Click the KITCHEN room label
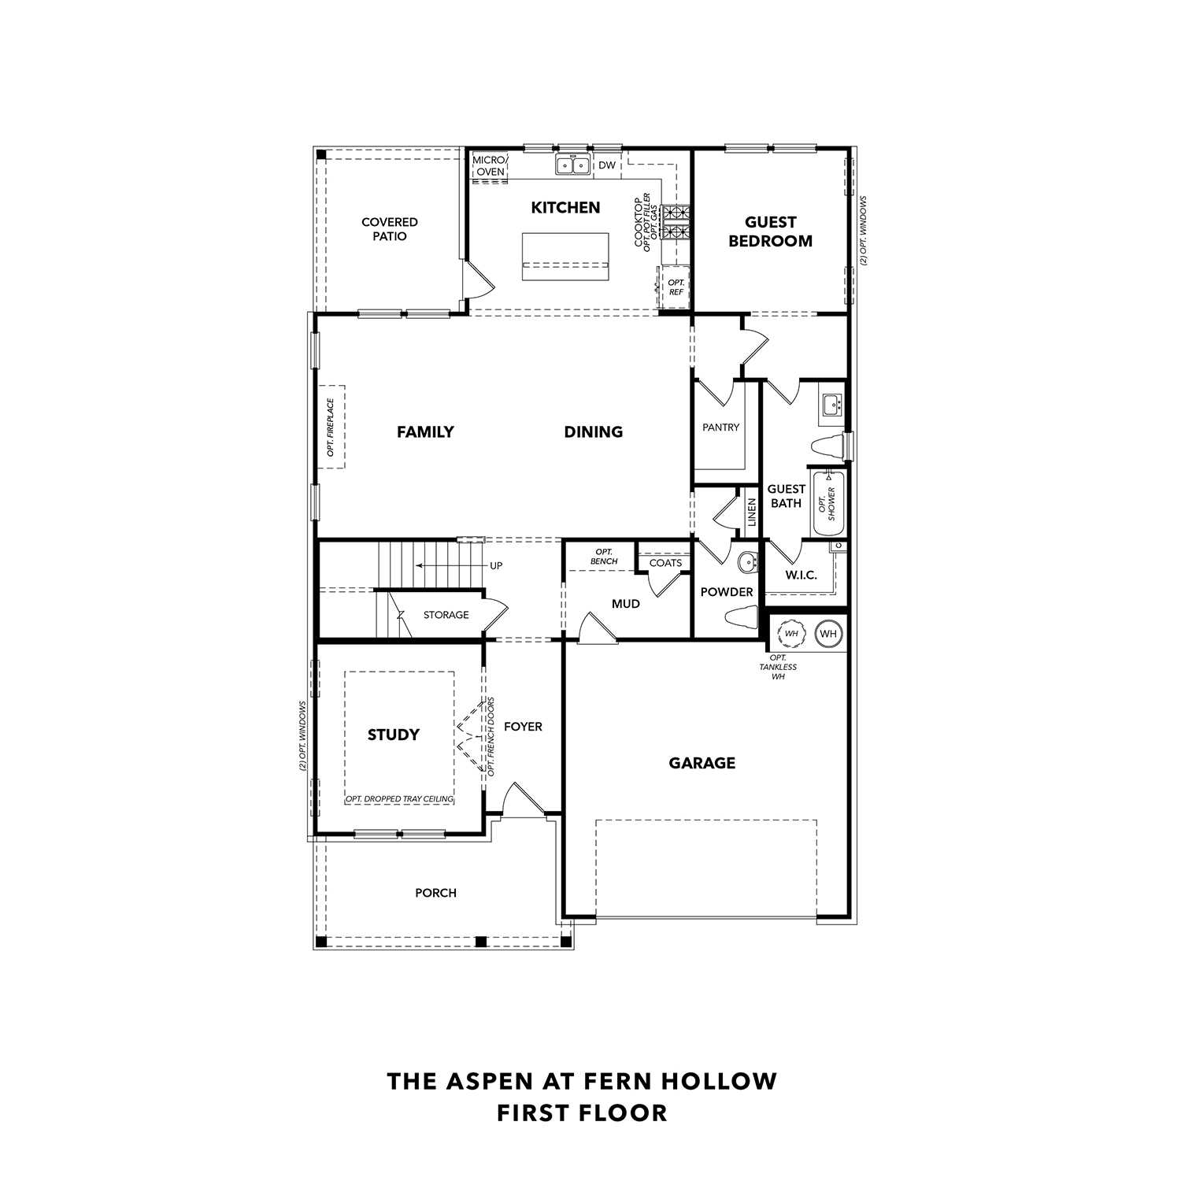tap(565, 208)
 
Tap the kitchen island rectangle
tap(565, 256)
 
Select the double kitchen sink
tap(572, 165)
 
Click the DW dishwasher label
tap(607, 165)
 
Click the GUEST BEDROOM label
tap(770, 231)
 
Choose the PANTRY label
tap(720, 428)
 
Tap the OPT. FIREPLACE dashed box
tap(331, 427)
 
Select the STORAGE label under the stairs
tap(446, 615)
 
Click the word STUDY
tap(394, 735)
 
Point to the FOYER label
tap(523, 727)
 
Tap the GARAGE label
tap(702, 763)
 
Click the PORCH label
tap(435, 893)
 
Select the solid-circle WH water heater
tap(827, 634)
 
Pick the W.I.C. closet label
tap(801, 576)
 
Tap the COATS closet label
tap(665, 563)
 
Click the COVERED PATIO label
tap(389, 229)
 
